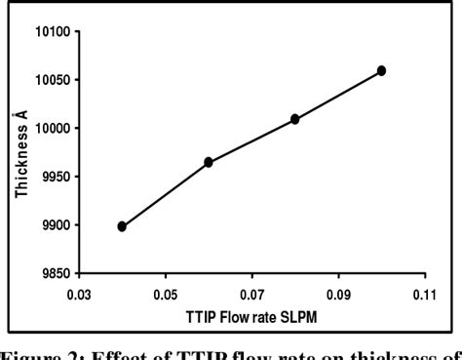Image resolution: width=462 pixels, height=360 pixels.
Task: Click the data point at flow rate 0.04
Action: [122, 226]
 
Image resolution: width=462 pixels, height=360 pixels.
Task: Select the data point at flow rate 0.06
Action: [209, 162]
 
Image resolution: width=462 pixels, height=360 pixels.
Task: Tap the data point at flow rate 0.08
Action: [295, 119]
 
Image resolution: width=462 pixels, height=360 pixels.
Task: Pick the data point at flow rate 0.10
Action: [381, 70]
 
